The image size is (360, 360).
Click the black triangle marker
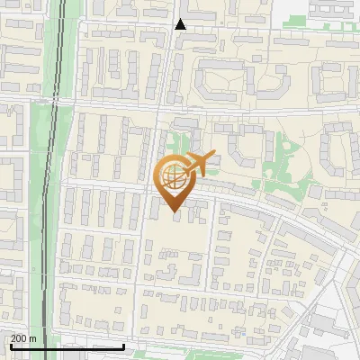(180, 24)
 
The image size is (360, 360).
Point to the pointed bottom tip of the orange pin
(174, 214)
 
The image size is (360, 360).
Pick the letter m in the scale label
(33, 338)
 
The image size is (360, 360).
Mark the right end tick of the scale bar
(123, 346)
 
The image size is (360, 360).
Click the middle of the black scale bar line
(66, 346)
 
